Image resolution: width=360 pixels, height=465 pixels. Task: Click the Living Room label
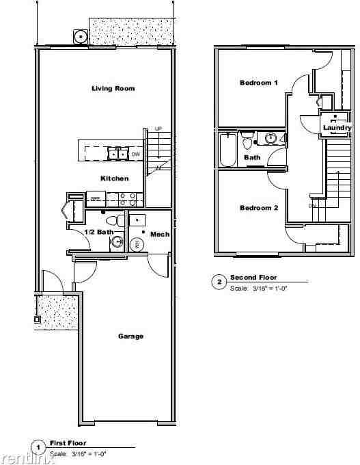113,88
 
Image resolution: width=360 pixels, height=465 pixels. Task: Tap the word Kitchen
114,178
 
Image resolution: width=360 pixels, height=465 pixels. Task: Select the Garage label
130,336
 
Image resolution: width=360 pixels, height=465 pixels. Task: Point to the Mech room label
160,235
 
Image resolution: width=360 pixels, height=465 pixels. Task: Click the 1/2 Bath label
98,232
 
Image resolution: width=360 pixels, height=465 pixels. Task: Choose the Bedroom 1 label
259,83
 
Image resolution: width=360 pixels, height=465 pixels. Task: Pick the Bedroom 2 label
259,208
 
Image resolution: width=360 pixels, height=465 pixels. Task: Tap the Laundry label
337,128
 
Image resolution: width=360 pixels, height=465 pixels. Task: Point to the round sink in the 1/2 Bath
117,241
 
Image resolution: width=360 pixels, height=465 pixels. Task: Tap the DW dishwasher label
135,154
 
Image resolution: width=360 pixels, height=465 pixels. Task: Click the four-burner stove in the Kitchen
127,199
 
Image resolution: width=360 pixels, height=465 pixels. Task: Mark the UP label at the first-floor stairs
158,129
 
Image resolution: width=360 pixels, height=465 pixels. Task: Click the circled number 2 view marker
219,282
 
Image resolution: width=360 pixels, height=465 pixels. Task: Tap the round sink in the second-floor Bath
271,139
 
